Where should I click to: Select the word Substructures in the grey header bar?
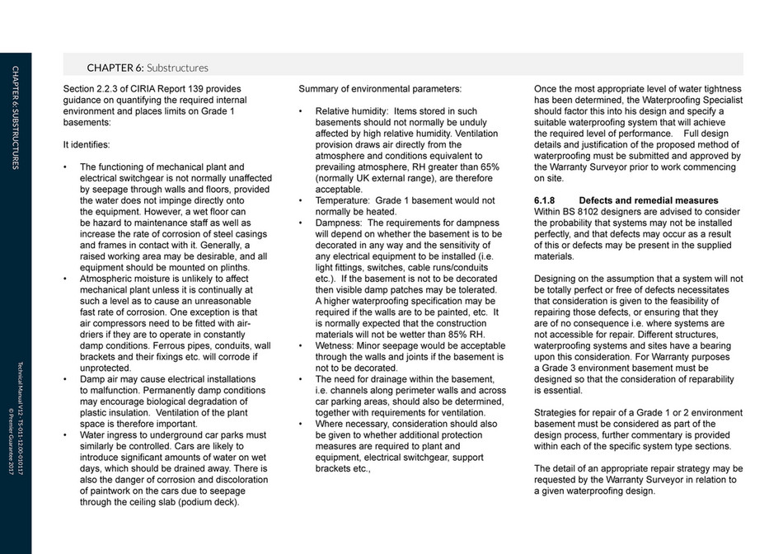coord(177,68)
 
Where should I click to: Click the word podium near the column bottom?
coord(193,502)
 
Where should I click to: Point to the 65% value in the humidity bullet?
coord(488,167)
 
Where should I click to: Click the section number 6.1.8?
coord(547,200)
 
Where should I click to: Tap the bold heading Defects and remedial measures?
coord(648,200)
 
